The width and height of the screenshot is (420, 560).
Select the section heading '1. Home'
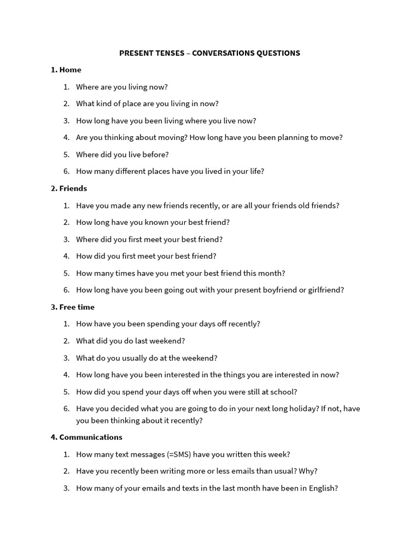click(66, 69)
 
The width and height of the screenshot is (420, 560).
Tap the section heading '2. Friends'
click(69, 188)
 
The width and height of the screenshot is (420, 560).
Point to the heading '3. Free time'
click(73, 307)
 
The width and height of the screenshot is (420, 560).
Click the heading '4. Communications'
click(86, 437)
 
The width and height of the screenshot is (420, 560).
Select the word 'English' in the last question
click(323, 488)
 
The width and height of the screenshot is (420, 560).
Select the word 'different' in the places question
click(132, 171)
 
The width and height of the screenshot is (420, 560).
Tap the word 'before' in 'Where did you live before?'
click(155, 154)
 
